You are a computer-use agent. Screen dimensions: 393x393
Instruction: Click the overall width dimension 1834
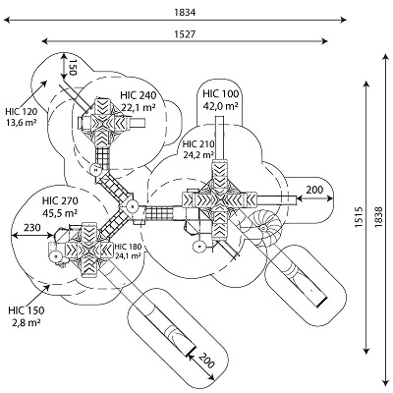185,13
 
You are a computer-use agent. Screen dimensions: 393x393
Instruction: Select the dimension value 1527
185,34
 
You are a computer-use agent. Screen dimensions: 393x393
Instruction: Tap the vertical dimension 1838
378,217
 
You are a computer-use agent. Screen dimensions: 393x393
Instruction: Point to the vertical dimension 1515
359,217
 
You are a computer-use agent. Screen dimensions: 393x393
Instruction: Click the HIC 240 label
138,95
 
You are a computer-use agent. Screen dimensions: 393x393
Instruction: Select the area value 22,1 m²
139,107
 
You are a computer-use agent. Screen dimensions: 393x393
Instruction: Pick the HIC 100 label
220,94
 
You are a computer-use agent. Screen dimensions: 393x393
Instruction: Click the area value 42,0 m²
221,106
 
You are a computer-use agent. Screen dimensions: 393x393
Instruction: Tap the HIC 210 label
198,144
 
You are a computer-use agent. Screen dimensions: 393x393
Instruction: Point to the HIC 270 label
60,200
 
